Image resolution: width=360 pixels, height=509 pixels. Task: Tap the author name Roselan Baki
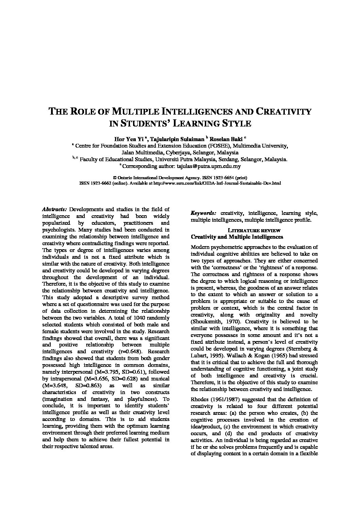227,139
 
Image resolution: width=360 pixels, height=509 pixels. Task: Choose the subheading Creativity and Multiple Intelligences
237,237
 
